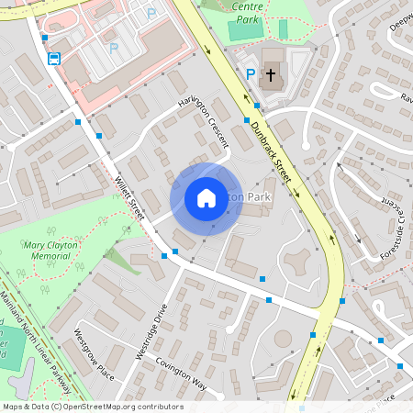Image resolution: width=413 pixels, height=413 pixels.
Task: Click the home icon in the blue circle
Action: (206, 197)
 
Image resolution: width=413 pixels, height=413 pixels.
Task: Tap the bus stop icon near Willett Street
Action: (53, 60)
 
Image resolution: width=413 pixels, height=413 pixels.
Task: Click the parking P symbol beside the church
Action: (251, 74)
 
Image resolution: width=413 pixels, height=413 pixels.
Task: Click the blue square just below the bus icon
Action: (44, 38)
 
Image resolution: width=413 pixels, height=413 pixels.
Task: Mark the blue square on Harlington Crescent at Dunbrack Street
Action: (246, 119)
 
